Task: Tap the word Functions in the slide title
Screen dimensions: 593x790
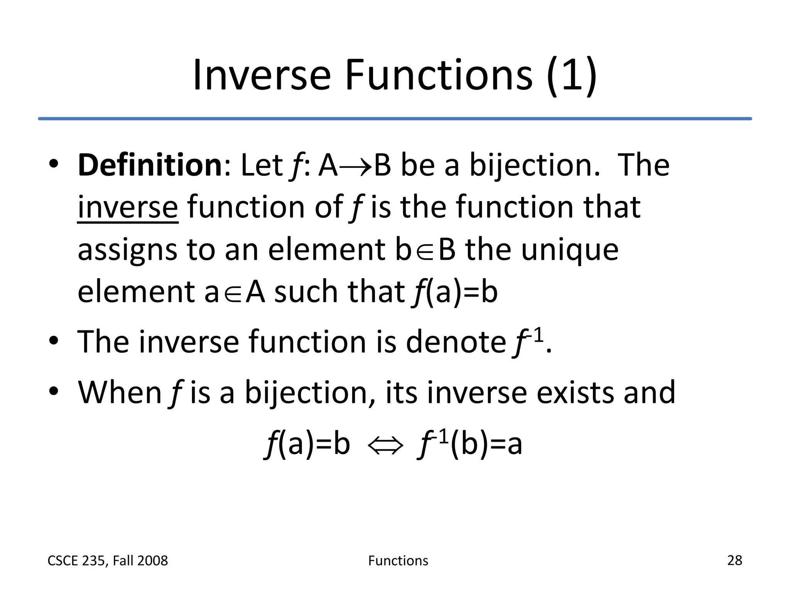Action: coord(439,75)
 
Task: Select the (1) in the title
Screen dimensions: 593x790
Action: coord(572,75)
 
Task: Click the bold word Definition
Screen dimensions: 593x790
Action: coord(150,165)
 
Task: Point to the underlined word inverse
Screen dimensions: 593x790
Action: coord(128,208)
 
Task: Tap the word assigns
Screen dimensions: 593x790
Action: coord(127,250)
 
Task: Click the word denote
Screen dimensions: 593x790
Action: coord(456,342)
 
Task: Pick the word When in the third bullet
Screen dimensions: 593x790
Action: coord(120,393)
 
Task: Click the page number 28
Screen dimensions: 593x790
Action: coord(734,560)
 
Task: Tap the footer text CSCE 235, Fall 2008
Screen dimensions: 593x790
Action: coord(108,561)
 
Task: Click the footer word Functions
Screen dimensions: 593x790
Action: coord(398,561)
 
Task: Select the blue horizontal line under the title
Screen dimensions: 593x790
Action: coord(395,119)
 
